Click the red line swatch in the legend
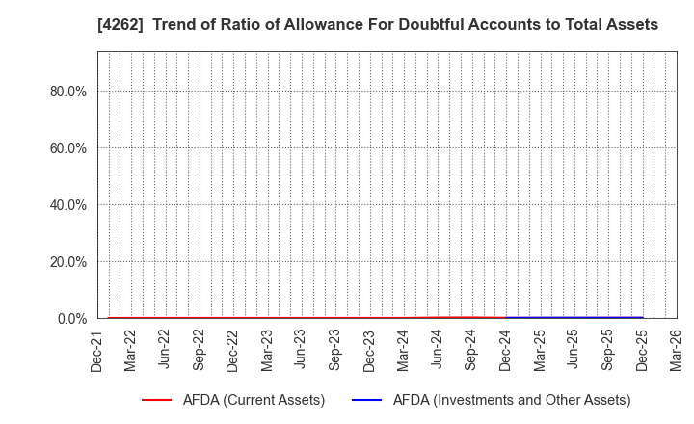point(155,400)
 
